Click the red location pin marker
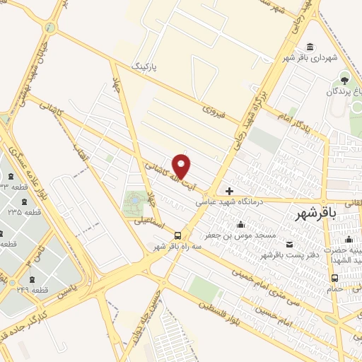click(x=182, y=166)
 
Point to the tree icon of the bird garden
click(x=345, y=78)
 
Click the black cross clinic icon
click(x=229, y=191)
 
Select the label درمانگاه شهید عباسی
click(x=228, y=203)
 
